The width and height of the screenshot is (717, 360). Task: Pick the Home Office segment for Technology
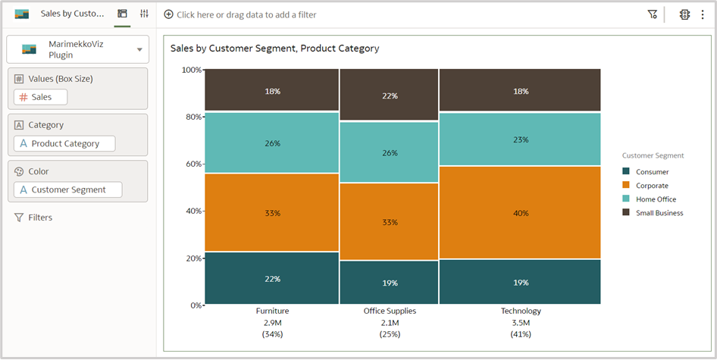[520, 139]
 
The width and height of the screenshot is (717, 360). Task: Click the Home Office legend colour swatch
[626, 199]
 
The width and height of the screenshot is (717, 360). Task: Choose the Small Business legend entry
[659, 213]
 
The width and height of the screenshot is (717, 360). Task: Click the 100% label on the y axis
[191, 70]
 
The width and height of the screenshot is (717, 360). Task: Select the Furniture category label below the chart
[272, 311]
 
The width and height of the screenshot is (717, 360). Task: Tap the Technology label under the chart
[521, 311]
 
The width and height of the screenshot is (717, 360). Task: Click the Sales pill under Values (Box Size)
[41, 97]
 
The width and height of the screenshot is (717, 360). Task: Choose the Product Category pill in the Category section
[65, 144]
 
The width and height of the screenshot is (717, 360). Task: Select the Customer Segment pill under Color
[68, 190]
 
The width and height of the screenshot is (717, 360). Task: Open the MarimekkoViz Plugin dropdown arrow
[139, 50]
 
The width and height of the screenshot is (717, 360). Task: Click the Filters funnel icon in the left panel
[19, 218]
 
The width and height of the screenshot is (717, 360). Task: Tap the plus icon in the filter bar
[168, 14]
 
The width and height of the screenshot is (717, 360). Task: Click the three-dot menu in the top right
[703, 14]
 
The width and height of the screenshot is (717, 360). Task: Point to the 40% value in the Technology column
[520, 213]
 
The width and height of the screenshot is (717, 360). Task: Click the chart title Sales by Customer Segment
[274, 49]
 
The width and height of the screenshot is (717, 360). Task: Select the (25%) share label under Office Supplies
[389, 334]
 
